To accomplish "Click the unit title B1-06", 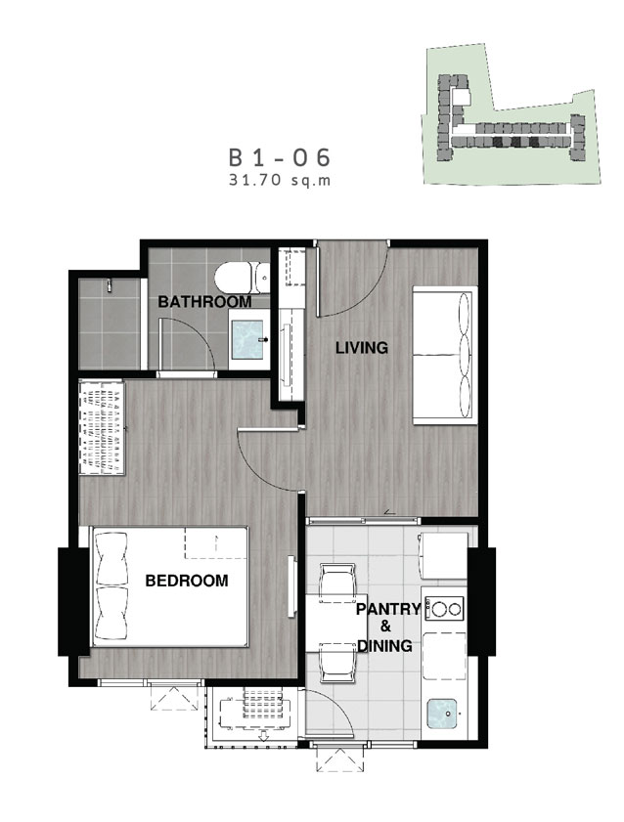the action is click(x=280, y=157).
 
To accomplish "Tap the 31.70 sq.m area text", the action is click(x=280, y=181).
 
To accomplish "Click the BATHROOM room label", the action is click(x=204, y=301).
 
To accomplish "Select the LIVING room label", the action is click(x=362, y=348).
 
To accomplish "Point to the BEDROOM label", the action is click(x=187, y=581).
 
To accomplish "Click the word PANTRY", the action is click(x=388, y=609).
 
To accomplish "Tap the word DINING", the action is click(x=385, y=645).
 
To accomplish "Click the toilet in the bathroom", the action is click(x=242, y=278).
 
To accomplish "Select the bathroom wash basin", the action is click(x=247, y=339).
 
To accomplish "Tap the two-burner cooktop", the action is click(x=445, y=609).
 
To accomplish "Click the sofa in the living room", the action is click(x=445, y=355).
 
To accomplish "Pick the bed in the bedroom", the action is click(x=170, y=586).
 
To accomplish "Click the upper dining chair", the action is click(x=337, y=580).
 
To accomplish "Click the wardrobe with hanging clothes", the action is click(x=102, y=428).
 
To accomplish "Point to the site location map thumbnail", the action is click(x=511, y=113).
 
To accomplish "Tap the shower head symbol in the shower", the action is click(x=110, y=284).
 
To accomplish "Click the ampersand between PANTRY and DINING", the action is click(x=386, y=627).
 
